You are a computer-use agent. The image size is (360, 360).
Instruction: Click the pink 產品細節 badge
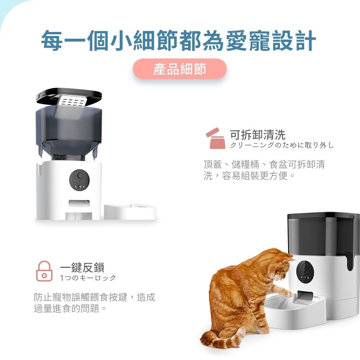coord(180,69)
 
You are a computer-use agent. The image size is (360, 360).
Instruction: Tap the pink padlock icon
coord(44,271)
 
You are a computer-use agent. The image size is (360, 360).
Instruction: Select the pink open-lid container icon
coord(216,138)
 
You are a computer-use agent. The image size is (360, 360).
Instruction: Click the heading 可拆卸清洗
coord(257,134)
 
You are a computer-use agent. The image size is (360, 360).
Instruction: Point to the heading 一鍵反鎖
coord(82,267)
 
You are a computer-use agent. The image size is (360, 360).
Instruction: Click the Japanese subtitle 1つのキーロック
coord(88,278)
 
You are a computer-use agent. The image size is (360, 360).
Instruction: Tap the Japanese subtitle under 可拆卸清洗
coord(282,145)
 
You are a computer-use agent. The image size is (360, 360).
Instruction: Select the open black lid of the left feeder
coord(69,96)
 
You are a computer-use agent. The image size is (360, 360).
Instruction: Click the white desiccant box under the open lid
coord(73,101)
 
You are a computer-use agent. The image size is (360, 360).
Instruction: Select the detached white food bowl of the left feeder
coord(130,211)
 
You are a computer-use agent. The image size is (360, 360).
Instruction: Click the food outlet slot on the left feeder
coord(79,203)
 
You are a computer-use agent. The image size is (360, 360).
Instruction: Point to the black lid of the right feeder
coord(324,216)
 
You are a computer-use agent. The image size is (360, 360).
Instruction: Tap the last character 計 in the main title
coord(306,40)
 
